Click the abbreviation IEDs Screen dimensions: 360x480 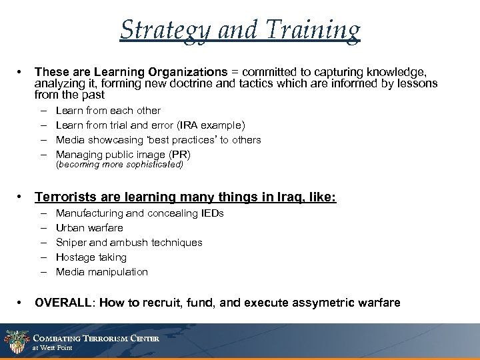(211, 213)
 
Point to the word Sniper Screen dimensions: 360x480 (71, 243)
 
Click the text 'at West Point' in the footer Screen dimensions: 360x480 (53, 348)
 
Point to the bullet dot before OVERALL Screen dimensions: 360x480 (22, 303)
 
